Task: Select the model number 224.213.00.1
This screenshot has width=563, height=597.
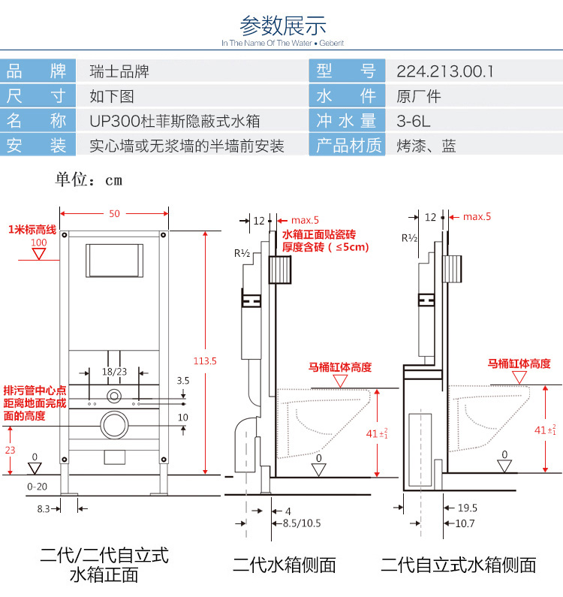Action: click(x=445, y=71)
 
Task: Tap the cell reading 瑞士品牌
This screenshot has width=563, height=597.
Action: click(x=119, y=71)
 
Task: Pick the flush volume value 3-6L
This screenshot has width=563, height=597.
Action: click(x=414, y=121)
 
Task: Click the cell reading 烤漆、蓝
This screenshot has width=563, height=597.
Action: click(x=426, y=146)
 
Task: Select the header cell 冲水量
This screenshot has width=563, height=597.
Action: click(x=346, y=121)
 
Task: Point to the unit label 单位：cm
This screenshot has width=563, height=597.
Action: click(x=89, y=180)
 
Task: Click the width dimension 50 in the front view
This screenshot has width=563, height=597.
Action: click(x=114, y=214)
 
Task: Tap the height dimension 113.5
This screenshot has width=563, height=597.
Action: click(x=205, y=361)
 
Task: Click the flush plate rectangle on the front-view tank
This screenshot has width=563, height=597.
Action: click(x=114, y=260)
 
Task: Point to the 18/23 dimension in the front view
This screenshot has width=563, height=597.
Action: click(x=114, y=371)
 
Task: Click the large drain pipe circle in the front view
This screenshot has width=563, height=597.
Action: click(x=114, y=424)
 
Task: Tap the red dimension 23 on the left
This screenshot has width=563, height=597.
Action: click(x=11, y=451)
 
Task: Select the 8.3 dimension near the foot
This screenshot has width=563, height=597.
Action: click(x=43, y=508)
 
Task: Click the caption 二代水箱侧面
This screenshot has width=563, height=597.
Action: click(x=285, y=565)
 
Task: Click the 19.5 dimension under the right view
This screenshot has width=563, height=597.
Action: click(x=466, y=508)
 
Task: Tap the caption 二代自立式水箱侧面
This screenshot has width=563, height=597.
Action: click(x=458, y=565)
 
